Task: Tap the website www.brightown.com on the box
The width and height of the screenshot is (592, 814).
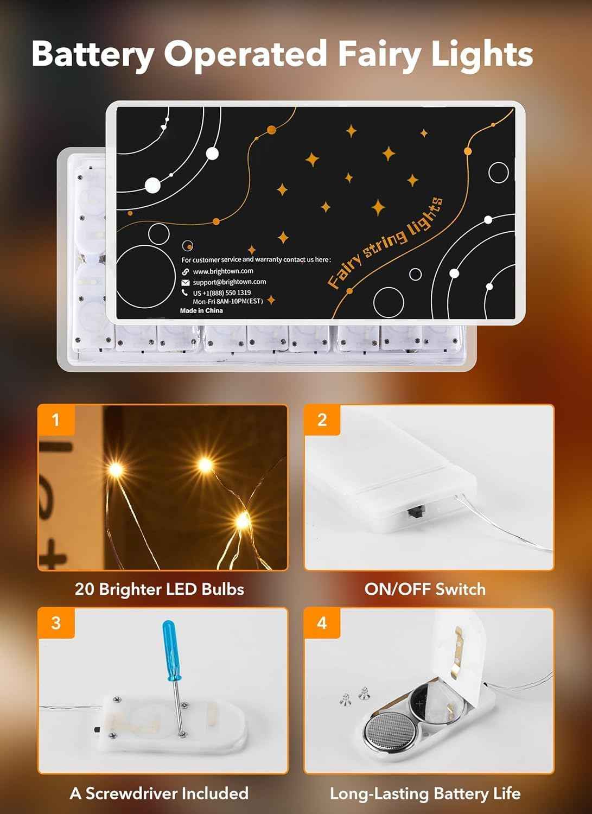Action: tap(223, 271)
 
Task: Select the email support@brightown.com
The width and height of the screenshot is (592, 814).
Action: tap(230, 282)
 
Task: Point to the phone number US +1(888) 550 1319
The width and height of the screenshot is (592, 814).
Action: tap(222, 292)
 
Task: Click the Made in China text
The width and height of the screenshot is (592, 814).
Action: tap(201, 310)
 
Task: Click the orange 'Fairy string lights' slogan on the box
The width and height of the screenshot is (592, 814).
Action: tap(385, 244)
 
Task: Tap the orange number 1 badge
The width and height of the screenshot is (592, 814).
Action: tap(55, 419)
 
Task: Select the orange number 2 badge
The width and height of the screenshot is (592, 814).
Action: tap(322, 419)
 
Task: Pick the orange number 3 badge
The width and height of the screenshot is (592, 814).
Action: tap(55, 622)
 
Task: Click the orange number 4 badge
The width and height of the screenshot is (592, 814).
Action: tap(322, 622)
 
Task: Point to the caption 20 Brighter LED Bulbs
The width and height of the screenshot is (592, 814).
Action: tap(160, 589)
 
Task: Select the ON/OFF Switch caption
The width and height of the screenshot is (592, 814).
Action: tap(425, 589)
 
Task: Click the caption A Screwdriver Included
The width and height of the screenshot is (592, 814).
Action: tap(159, 793)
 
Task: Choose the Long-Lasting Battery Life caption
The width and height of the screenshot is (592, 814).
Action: tap(425, 794)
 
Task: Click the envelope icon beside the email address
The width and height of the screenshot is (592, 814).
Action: tap(186, 282)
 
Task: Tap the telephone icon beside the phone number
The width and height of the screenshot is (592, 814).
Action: tap(185, 292)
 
